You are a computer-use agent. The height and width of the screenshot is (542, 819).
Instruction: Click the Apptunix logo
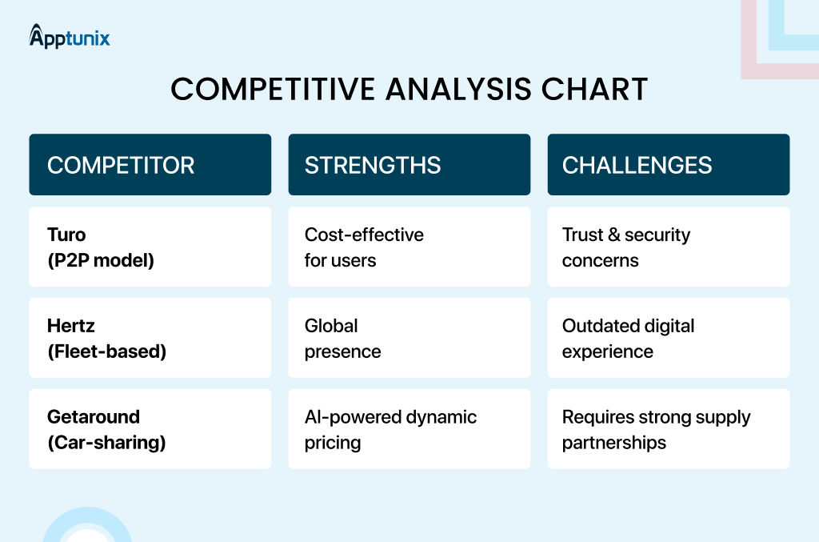[x=70, y=37]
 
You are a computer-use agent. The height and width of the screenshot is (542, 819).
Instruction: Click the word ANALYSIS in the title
[x=458, y=89]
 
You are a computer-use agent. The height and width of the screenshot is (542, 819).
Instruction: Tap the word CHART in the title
[x=594, y=89]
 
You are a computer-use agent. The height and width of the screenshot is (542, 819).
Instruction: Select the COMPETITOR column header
[x=150, y=165]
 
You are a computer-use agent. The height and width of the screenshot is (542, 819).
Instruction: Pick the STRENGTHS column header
[x=409, y=165]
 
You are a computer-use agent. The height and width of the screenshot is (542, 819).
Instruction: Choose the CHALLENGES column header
[x=669, y=165]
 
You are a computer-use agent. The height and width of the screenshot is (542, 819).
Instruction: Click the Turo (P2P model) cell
[x=150, y=247]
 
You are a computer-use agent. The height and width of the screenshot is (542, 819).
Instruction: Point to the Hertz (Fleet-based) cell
[x=150, y=338]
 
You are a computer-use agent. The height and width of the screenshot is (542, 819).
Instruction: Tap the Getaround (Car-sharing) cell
[x=150, y=428]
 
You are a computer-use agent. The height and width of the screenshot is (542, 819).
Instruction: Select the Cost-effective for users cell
[x=409, y=247]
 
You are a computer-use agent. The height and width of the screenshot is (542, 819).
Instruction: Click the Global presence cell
[x=409, y=338]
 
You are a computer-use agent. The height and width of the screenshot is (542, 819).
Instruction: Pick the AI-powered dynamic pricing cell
[x=409, y=428]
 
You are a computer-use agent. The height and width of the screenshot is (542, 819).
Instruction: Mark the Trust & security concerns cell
[x=669, y=247]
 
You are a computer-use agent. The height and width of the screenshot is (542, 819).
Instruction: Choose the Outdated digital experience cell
[x=669, y=338]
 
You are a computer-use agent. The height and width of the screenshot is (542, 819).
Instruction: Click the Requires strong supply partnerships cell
[x=669, y=428]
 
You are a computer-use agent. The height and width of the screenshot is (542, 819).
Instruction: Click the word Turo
[x=66, y=235]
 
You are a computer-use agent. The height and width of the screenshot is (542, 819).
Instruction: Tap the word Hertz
[x=71, y=326]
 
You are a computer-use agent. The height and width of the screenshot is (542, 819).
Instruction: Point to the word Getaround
[x=94, y=416]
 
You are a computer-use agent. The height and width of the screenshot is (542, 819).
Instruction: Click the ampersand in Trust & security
[x=614, y=235]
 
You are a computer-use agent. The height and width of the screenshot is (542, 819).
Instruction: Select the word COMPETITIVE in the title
[x=273, y=89]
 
